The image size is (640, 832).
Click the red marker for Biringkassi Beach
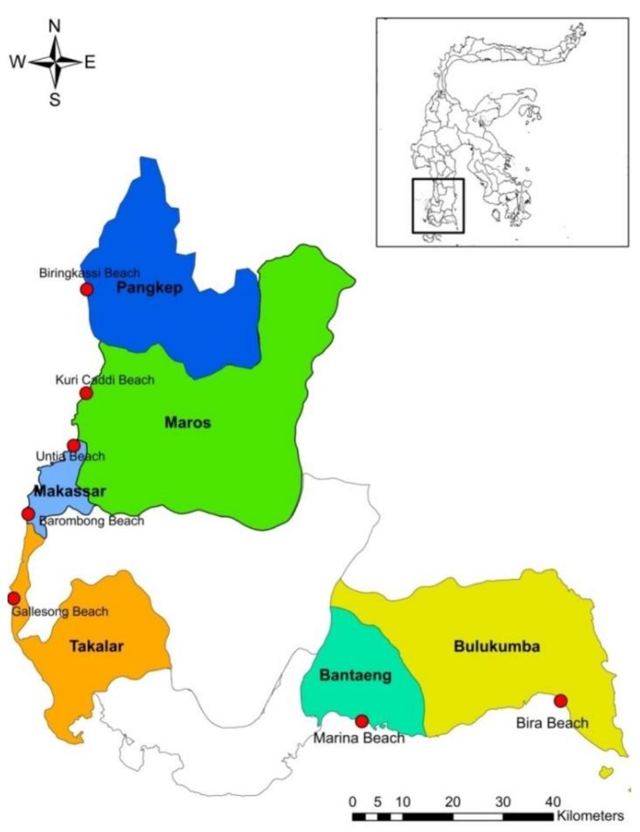click(87, 289)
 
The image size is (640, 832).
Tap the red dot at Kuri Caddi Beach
click(86, 393)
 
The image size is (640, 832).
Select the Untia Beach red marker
click(73, 446)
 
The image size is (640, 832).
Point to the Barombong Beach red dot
click(28, 514)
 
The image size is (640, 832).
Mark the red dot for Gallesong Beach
click(13, 598)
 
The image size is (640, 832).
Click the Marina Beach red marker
click(361, 721)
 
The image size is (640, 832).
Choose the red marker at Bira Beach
click(560, 701)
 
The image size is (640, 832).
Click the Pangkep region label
click(149, 288)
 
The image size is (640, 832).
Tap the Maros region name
click(188, 423)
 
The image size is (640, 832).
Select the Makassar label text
click(69, 491)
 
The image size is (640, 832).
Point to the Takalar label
click(97, 646)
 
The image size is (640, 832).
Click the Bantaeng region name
click(355, 676)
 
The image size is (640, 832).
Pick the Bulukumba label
click(497, 646)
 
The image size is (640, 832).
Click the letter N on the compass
click(55, 26)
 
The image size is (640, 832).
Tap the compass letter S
click(55, 99)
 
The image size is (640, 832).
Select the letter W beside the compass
click(18, 62)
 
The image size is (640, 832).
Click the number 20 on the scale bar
click(452, 802)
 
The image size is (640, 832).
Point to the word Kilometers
click(590, 816)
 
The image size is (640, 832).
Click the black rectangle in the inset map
click(438, 206)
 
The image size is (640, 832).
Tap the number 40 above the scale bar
click(553, 802)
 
